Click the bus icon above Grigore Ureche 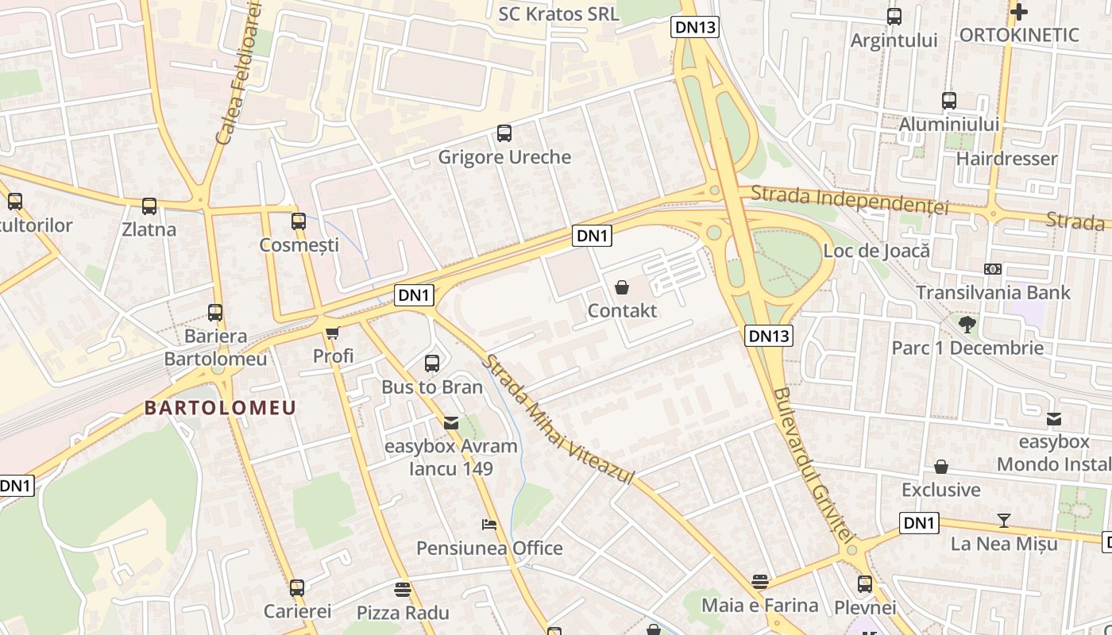point(504,133)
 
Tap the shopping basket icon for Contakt point(622,287)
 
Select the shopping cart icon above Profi point(332,332)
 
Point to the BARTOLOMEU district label point(220,408)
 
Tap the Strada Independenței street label point(849,199)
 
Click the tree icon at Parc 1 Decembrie point(967,323)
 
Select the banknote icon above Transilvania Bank point(992,268)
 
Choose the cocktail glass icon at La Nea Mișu point(1004,521)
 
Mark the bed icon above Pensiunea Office point(489,525)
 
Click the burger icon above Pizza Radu point(403,589)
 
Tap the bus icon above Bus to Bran point(432,364)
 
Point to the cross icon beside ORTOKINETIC point(1019,11)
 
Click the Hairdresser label point(1006,158)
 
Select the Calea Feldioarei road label point(238,73)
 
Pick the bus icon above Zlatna point(149,206)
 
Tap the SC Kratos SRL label point(558,13)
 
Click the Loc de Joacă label point(876,251)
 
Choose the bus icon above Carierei point(297,588)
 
